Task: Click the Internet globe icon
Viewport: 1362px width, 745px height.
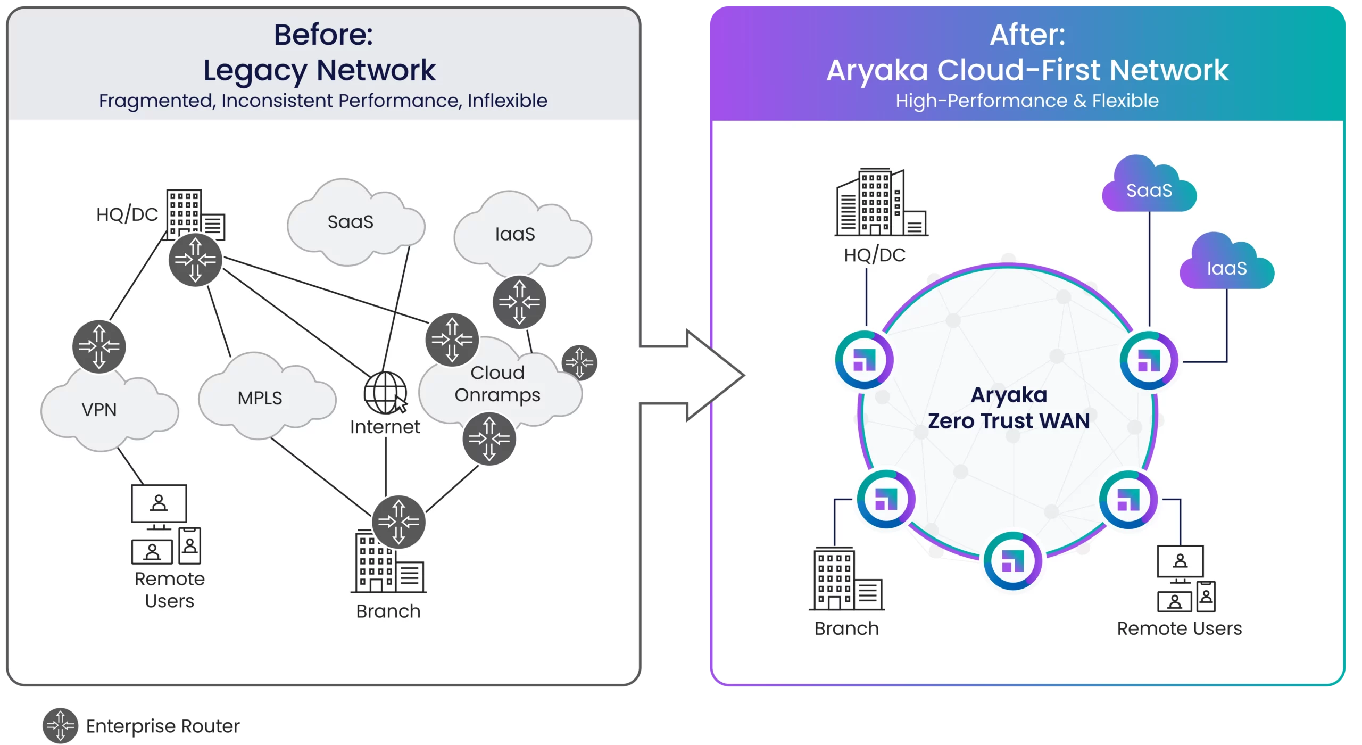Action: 385,393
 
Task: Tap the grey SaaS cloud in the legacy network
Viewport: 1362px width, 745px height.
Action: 355,222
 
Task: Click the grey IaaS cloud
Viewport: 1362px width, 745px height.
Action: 522,234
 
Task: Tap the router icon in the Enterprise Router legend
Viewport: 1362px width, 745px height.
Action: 61,725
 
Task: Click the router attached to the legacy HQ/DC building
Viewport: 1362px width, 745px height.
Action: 195,260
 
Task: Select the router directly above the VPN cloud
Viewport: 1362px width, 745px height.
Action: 99,347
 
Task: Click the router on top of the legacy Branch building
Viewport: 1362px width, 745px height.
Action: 398,522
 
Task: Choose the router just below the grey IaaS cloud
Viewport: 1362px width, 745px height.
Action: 519,302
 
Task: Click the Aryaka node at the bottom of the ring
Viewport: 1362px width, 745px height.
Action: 1013,561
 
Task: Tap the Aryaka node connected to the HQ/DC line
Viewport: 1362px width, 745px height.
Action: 865,360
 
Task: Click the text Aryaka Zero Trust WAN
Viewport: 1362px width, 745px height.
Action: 1009,408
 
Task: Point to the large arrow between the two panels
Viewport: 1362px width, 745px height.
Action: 692,375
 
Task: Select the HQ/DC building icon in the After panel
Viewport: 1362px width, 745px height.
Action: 881,202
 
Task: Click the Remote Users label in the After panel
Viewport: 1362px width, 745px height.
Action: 1179,628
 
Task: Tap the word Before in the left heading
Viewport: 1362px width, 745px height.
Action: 323,35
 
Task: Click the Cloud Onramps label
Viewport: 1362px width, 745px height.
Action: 497,384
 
